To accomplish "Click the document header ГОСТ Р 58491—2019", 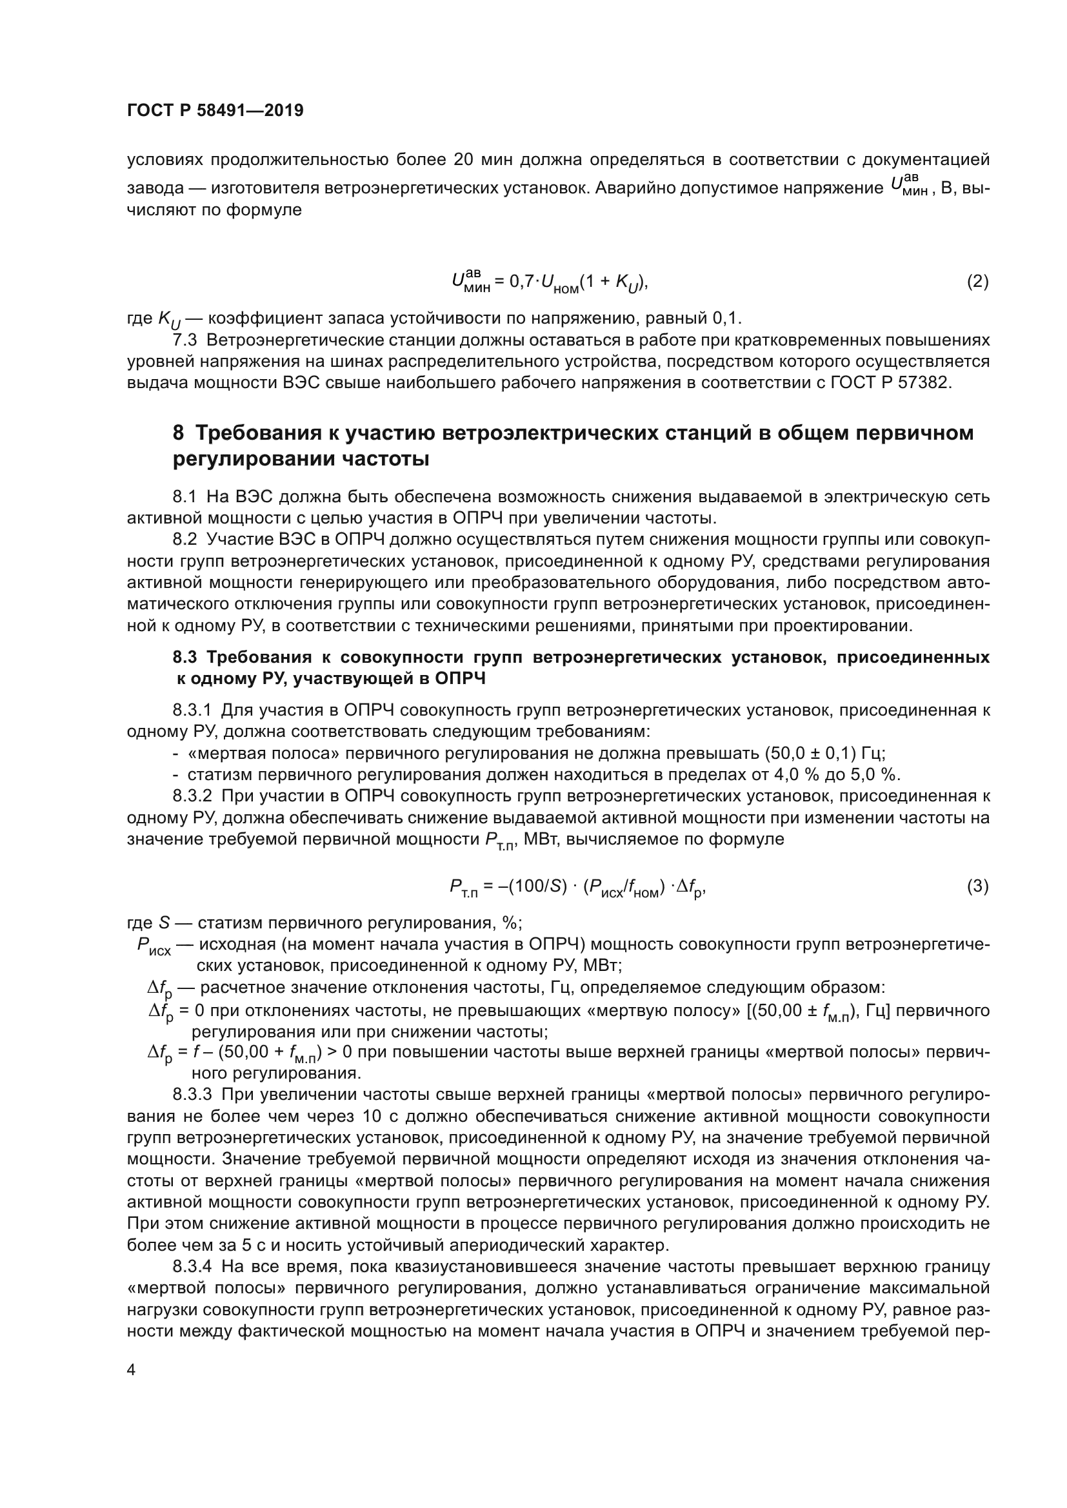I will pos(215,111).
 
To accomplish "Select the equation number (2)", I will pos(977,282).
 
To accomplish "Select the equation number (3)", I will pos(977,886).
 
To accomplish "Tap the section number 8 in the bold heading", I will pos(178,433).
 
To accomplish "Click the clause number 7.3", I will pos(184,340).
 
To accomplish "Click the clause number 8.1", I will pos(184,497).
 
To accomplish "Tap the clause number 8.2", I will pos(184,540).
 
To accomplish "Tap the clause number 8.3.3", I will pos(192,1095).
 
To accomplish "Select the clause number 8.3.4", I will pos(192,1267).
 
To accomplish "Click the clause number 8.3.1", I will pos(192,710).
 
